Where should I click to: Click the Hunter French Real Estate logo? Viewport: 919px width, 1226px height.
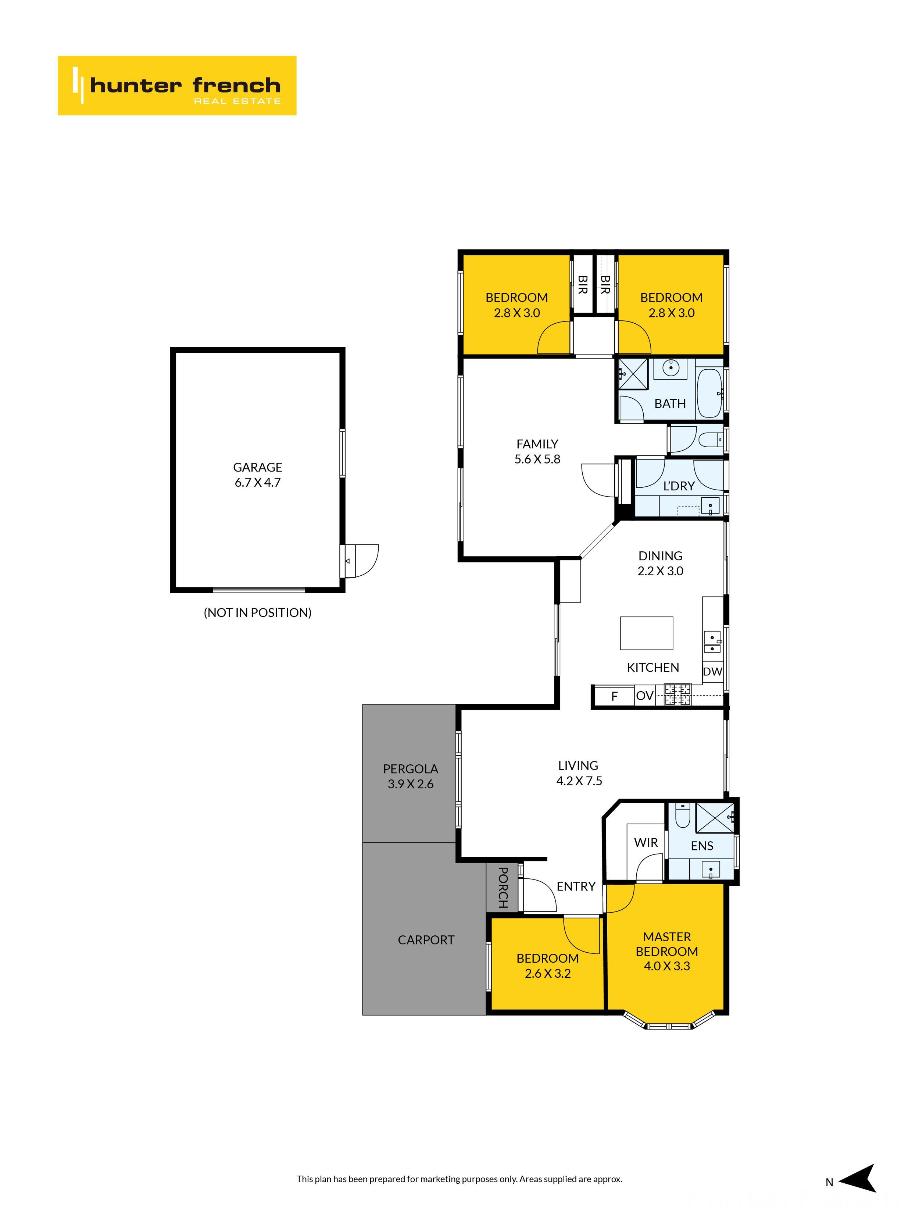pyautogui.click(x=177, y=85)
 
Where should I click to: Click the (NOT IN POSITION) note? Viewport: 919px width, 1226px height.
pyautogui.click(x=258, y=612)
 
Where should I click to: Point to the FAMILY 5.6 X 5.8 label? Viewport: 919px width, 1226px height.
pyautogui.click(x=537, y=451)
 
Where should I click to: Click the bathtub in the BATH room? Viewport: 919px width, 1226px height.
pyautogui.click(x=708, y=392)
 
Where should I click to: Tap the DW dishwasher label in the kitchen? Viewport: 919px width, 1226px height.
pyautogui.click(x=712, y=672)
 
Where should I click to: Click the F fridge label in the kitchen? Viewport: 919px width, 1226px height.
pyautogui.click(x=614, y=696)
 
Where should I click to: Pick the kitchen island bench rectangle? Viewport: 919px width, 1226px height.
pyautogui.click(x=647, y=633)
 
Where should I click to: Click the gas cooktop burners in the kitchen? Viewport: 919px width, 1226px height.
pyautogui.click(x=677, y=694)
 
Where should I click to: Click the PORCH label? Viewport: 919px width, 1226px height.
pyautogui.click(x=503, y=887)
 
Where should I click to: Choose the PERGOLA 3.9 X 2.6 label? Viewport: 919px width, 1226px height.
pyautogui.click(x=411, y=776)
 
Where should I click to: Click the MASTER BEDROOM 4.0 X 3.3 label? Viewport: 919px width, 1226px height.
pyautogui.click(x=667, y=951)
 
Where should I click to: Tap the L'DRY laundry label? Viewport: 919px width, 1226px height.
pyautogui.click(x=679, y=486)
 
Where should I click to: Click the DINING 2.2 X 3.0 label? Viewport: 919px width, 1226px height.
pyautogui.click(x=660, y=563)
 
